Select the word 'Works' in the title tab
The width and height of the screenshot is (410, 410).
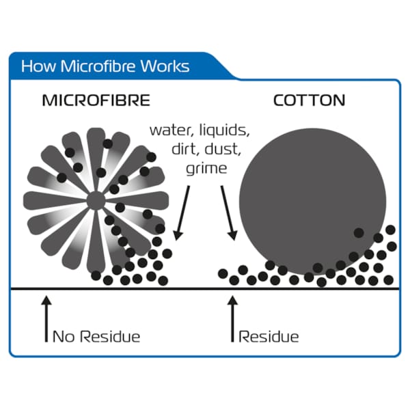163,67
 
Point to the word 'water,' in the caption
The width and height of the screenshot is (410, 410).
169,130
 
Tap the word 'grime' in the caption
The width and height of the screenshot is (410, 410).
206,166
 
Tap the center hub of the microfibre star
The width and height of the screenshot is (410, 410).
96,200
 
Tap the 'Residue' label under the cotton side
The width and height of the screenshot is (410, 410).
269,336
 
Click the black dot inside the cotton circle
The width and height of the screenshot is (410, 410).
358,233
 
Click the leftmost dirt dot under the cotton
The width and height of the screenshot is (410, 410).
223,273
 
